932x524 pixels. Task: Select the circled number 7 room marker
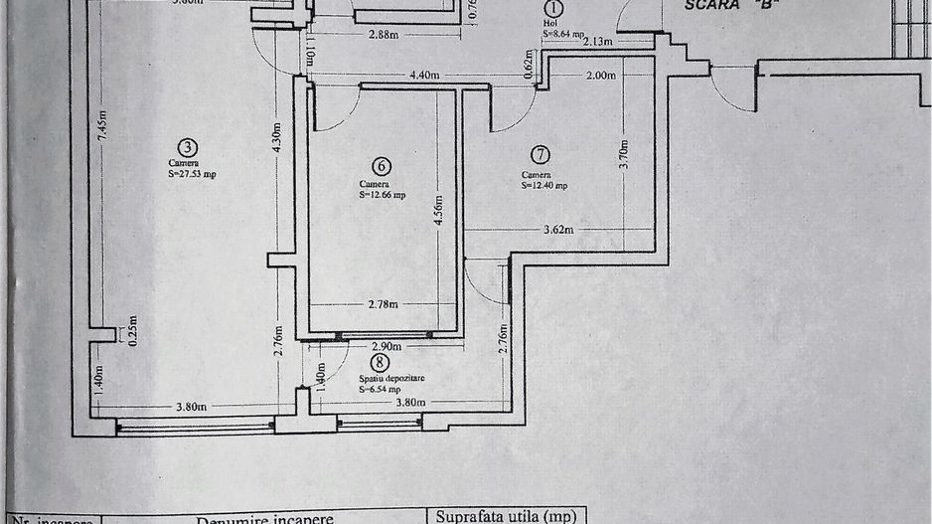point(540,154)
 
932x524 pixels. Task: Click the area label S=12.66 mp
point(382,195)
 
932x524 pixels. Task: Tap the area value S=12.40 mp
point(544,185)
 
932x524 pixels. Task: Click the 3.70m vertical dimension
point(624,154)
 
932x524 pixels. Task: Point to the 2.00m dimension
point(602,75)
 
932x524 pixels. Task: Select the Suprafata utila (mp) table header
point(507,516)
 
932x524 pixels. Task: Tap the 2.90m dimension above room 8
point(386,347)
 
